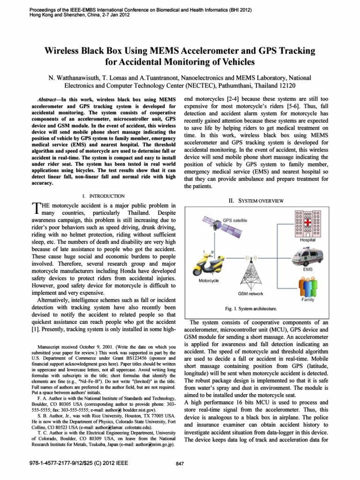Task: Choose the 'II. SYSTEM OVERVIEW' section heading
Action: (255, 201)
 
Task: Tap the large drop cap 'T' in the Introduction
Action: (33, 209)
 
